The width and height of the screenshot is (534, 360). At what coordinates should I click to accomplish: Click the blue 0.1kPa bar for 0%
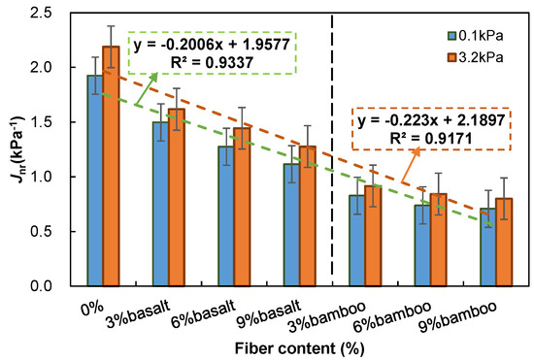[95, 180]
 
